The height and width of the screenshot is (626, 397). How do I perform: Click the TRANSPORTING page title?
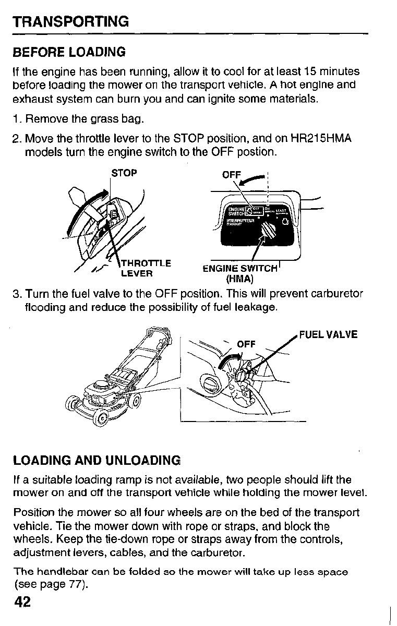[x=71, y=22]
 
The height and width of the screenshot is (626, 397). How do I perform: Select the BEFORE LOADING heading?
[x=69, y=52]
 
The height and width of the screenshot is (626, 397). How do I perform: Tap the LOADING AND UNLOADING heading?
[x=97, y=460]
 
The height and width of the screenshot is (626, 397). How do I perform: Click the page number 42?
[x=23, y=603]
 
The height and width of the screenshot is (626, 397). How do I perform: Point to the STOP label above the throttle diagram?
[x=125, y=173]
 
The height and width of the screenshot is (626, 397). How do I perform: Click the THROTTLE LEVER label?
[x=146, y=268]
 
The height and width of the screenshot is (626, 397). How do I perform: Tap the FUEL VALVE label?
[x=328, y=334]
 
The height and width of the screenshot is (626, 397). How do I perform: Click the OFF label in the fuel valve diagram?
[x=246, y=344]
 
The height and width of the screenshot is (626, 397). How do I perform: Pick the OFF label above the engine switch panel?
[x=232, y=175]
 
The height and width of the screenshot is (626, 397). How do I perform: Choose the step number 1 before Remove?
[x=16, y=121]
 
